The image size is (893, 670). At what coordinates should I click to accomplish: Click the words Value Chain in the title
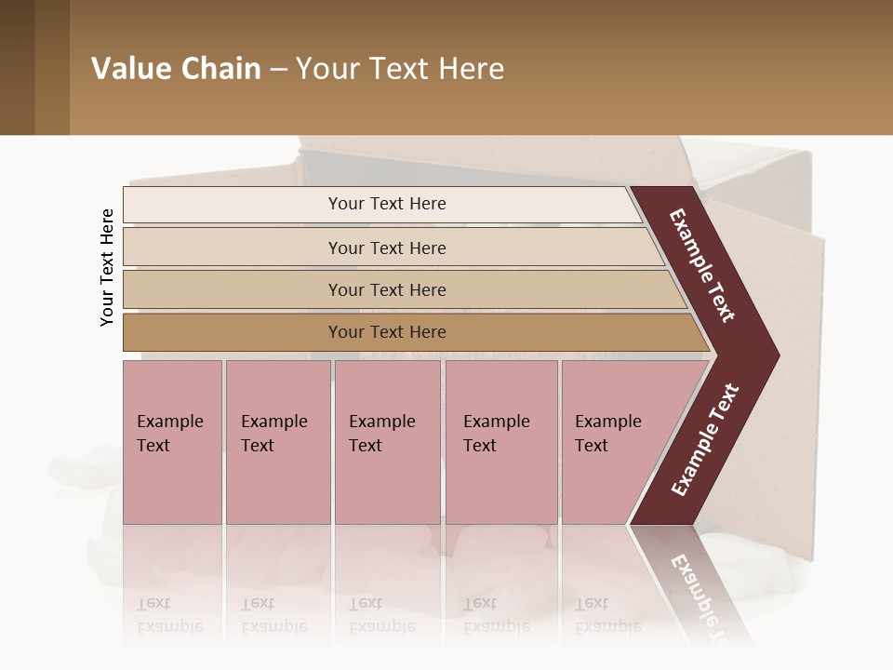pos(176,69)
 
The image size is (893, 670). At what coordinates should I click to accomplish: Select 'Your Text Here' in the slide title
pos(400,69)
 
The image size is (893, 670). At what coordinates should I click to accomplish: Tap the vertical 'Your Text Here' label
pos(107,268)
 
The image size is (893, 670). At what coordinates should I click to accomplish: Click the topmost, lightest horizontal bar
pos(386,204)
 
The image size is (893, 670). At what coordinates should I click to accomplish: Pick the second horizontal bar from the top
pos(386,248)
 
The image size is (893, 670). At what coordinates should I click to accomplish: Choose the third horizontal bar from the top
pos(386,289)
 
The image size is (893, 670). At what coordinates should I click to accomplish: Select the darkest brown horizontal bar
pos(386,332)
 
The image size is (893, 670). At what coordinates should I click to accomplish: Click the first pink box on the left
pos(172,442)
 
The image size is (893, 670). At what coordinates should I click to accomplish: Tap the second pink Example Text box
pos(277,442)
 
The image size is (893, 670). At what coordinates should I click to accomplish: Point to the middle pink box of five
pos(387,442)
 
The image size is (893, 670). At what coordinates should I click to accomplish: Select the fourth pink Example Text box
pos(501,442)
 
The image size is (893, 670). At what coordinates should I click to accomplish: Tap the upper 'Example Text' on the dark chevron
pos(702,265)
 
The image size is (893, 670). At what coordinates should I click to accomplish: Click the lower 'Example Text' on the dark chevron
pos(704,440)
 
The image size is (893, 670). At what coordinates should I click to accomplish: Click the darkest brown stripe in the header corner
pos(17,67)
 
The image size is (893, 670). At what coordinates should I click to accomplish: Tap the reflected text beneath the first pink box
pos(170,615)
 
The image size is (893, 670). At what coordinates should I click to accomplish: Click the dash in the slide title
pos(278,70)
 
